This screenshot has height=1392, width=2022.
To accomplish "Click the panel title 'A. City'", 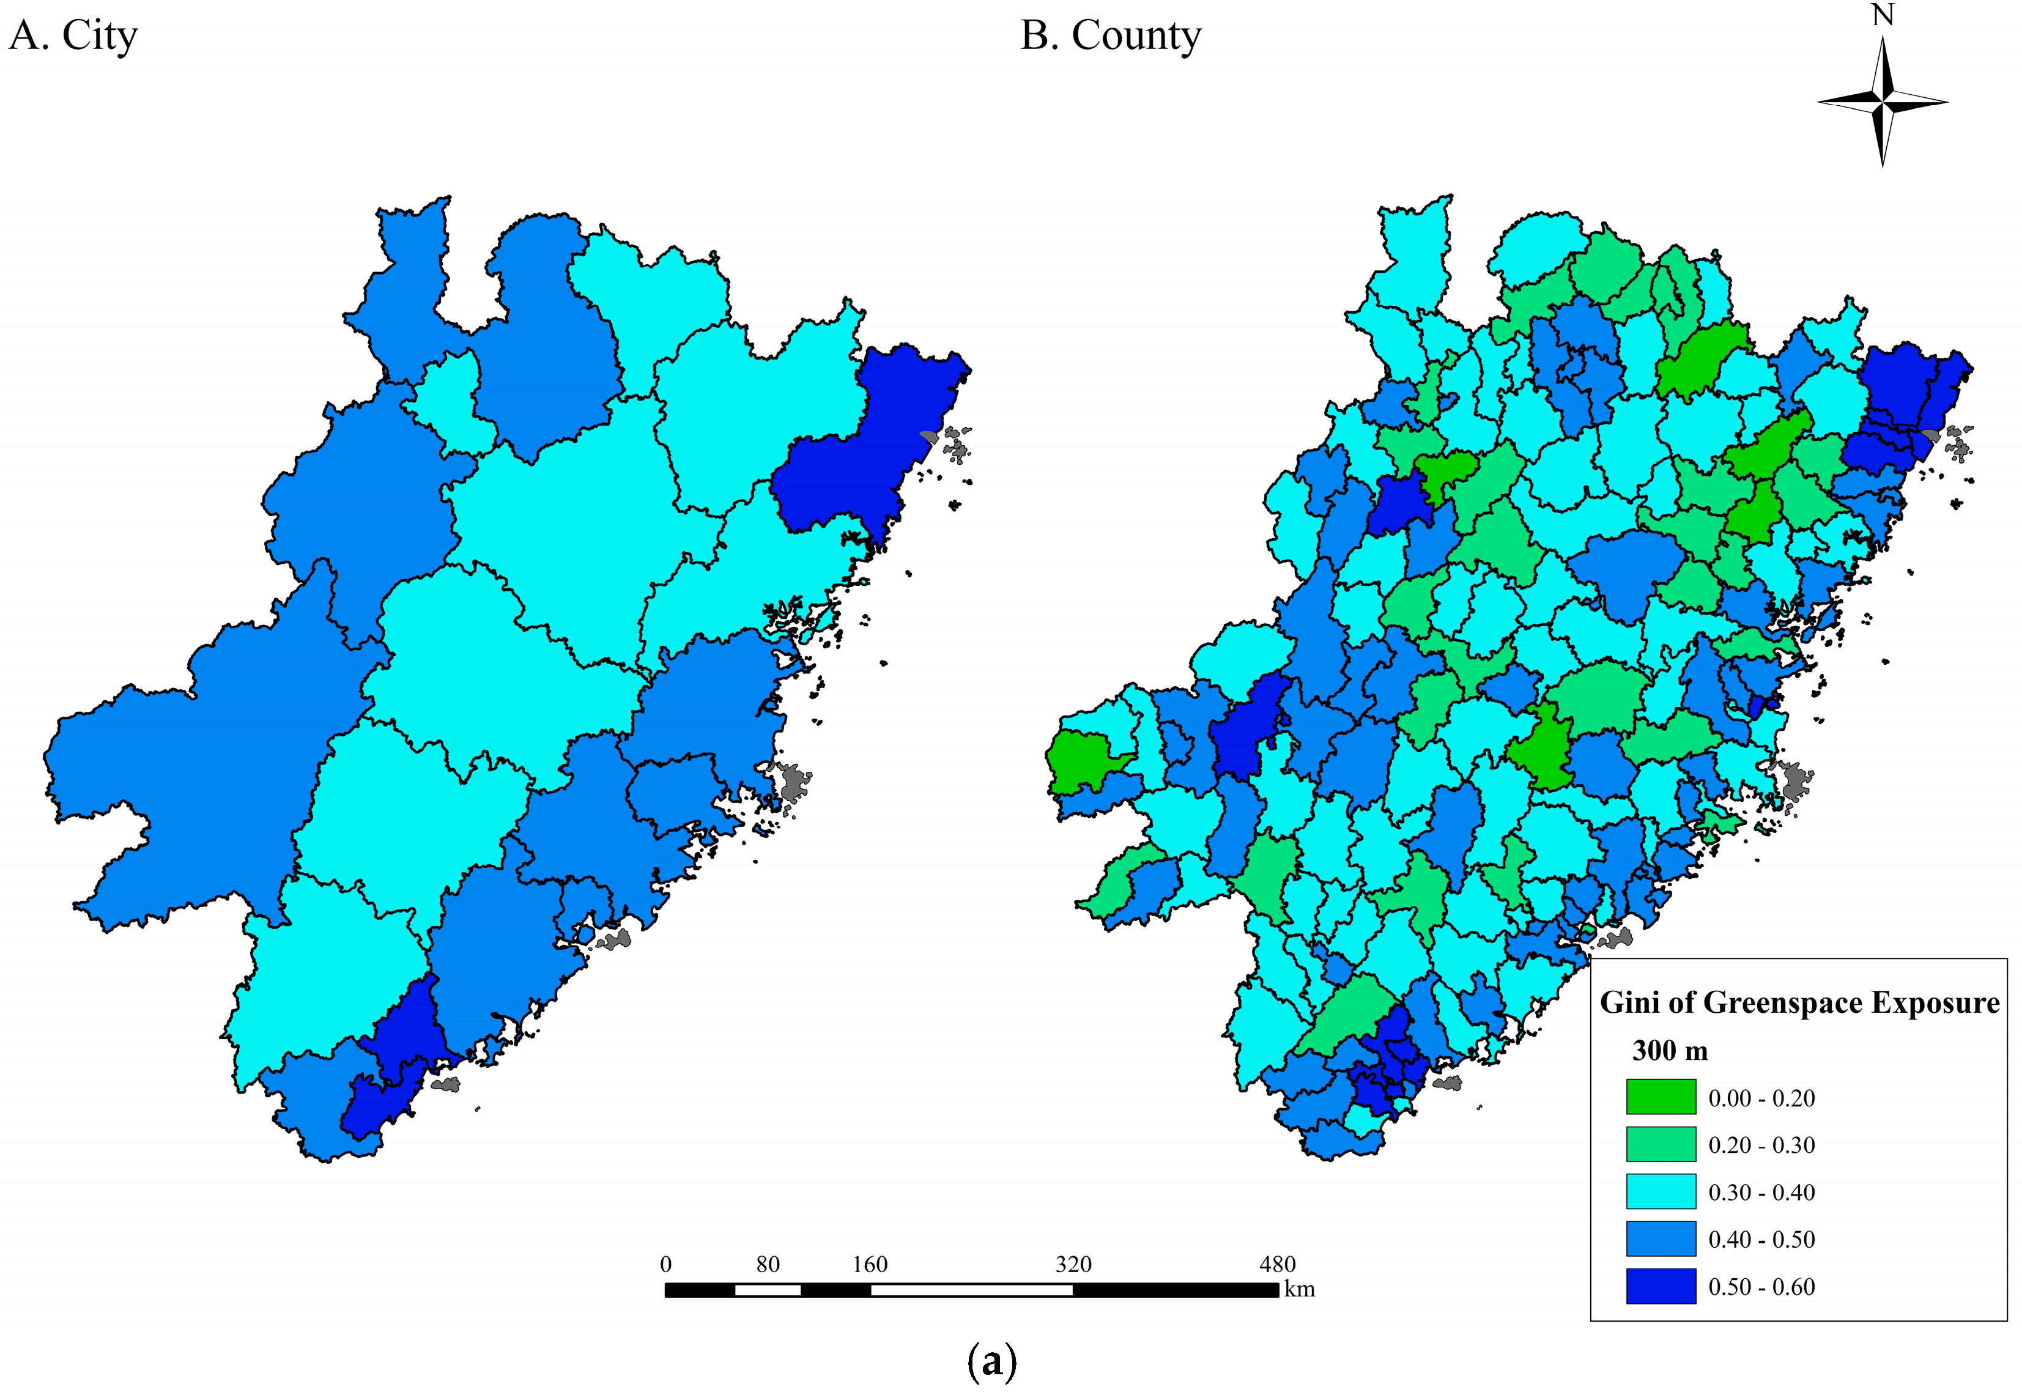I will point(73,37).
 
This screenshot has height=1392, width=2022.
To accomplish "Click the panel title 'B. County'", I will point(1111,37).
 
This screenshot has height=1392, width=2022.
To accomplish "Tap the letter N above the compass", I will point(1883,16).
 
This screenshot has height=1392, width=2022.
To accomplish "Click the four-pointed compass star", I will point(1883,102).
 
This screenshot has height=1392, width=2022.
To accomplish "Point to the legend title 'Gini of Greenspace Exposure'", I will point(1799,1003).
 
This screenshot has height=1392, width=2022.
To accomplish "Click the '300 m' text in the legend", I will point(1670,1050).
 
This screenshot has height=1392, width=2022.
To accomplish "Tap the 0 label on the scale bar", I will point(665,1265).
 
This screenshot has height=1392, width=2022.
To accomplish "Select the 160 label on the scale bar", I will point(870,1265).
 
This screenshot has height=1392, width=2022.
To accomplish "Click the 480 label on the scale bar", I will point(1277,1265).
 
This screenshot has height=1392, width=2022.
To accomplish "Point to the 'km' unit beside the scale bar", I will point(1299,1289).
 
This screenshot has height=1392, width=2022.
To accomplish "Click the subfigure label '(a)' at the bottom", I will point(992,1361).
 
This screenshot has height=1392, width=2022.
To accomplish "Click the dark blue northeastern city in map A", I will point(872,445).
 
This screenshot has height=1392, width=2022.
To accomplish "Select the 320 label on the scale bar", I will point(1073,1265).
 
